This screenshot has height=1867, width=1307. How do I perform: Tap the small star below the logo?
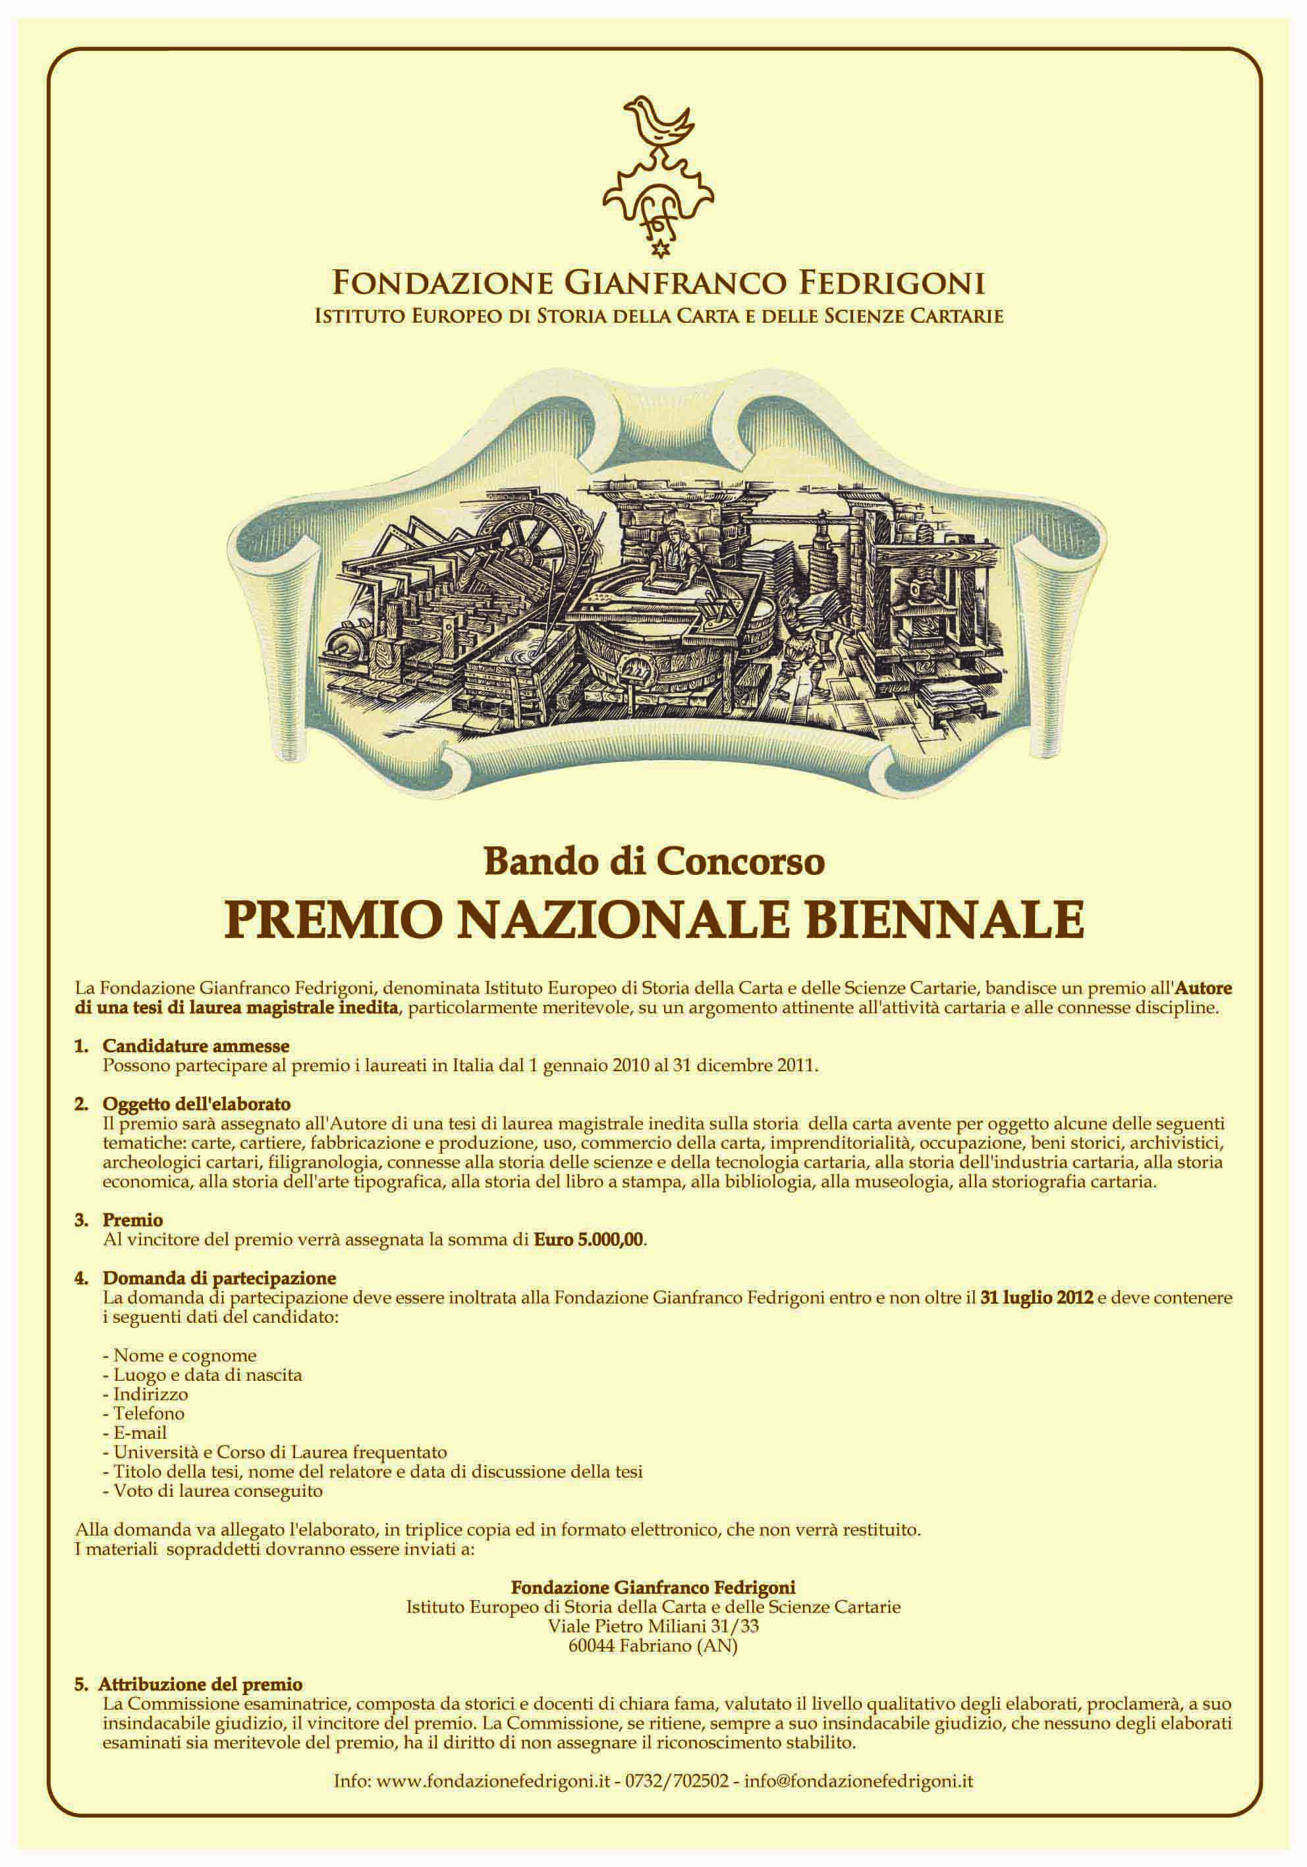(659, 246)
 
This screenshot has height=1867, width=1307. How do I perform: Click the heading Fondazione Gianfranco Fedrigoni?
(659, 284)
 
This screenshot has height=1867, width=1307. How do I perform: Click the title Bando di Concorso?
(654, 862)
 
